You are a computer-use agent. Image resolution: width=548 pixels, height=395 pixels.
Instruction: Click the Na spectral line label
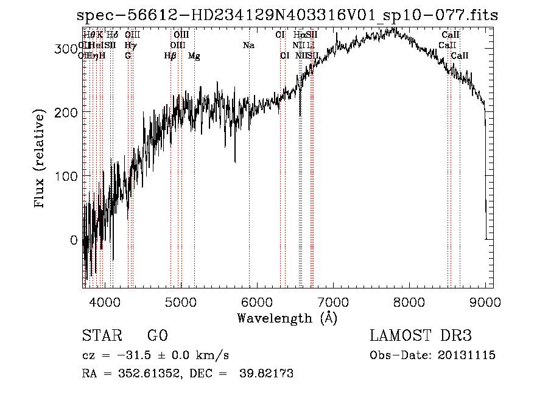click(248, 46)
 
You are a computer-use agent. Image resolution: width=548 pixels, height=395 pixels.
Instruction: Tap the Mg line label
click(194, 56)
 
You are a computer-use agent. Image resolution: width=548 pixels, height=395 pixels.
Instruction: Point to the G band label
click(128, 56)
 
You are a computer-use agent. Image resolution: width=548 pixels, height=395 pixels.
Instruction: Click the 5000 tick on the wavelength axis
click(180, 301)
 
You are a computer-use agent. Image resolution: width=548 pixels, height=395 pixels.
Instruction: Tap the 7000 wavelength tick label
click(333, 301)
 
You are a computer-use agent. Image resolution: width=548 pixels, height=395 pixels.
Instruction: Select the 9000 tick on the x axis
click(485, 301)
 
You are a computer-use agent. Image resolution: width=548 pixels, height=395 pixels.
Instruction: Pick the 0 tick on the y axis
click(74, 240)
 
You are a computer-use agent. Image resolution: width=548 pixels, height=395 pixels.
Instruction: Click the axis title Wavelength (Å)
click(287, 318)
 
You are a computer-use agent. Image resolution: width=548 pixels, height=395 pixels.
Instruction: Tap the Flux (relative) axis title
click(41, 159)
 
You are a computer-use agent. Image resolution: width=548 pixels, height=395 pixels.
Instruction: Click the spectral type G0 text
click(157, 336)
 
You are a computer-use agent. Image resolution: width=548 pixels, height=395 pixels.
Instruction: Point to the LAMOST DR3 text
click(421, 336)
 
